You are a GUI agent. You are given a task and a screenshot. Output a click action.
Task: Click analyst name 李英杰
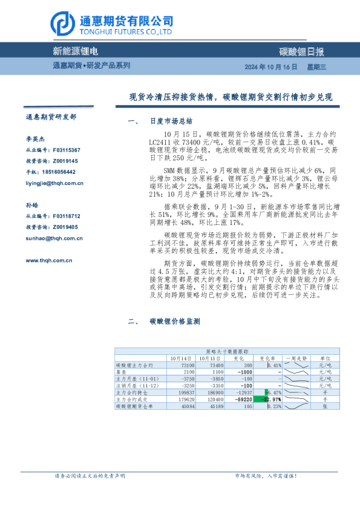[34, 138]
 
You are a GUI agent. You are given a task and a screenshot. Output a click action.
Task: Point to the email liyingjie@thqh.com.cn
[54, 183]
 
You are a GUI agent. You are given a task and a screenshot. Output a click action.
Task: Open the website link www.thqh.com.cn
[49, 261]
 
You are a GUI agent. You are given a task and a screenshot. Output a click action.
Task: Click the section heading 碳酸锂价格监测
[174, 322]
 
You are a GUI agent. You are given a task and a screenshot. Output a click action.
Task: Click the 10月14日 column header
[164, 358]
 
